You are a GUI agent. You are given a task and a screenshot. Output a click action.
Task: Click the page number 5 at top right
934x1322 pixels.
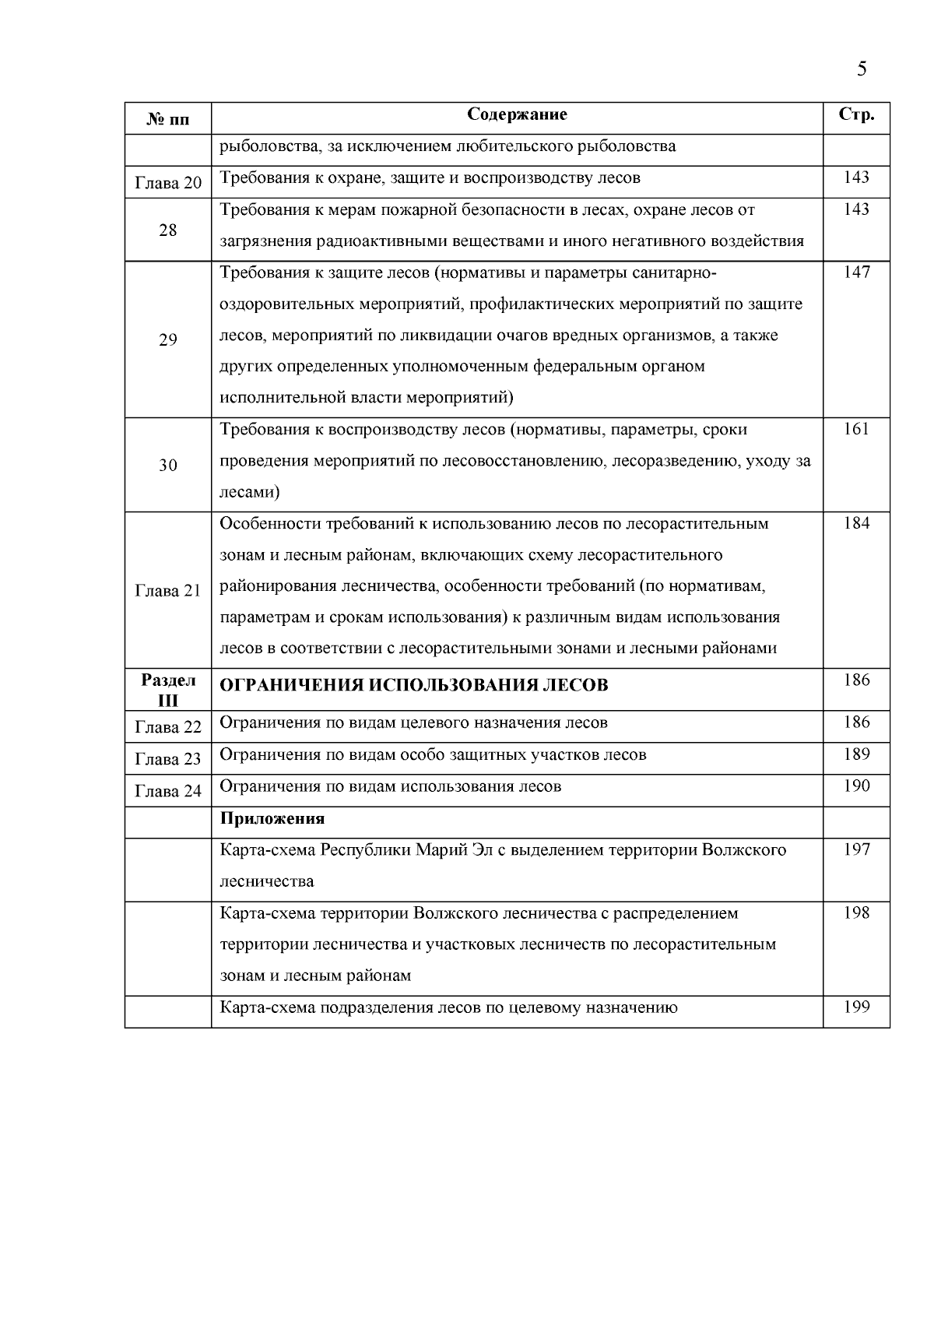[862, 69]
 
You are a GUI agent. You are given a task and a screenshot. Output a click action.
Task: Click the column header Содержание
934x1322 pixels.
[517, 114]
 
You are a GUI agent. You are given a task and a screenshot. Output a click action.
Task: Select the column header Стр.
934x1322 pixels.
[856, 114]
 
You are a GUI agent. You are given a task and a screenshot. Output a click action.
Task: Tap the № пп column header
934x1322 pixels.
[168, 119]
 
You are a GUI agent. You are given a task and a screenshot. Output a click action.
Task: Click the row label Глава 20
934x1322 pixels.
[168, 183]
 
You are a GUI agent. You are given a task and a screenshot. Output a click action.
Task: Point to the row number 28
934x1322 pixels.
[168, 230]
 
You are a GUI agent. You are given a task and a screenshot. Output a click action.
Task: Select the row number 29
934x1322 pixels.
[168, 339]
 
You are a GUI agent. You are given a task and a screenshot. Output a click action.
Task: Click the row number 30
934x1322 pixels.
[168, 465]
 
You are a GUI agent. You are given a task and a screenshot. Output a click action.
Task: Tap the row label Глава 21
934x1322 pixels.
[168, 590]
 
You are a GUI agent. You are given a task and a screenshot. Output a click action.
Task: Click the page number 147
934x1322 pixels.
[856, 272]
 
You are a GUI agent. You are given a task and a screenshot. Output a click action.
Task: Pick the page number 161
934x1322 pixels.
[856, 428]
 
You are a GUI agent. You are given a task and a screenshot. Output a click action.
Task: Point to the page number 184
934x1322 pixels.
[856, 522]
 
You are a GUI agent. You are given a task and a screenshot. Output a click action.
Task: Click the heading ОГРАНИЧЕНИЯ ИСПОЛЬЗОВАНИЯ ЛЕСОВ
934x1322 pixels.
[414, 685]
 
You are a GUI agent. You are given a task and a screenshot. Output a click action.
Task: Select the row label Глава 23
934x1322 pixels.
[168, 759]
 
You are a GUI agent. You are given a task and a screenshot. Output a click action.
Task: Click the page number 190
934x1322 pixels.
[856, 786]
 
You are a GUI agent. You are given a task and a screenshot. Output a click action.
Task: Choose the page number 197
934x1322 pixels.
[856, 849]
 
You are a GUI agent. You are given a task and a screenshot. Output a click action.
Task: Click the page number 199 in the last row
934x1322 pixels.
[856, 1007]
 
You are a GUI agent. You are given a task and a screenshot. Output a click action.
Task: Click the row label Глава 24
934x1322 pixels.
[168, 791]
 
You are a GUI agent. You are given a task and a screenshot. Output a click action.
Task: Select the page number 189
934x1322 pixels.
[856, 754]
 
